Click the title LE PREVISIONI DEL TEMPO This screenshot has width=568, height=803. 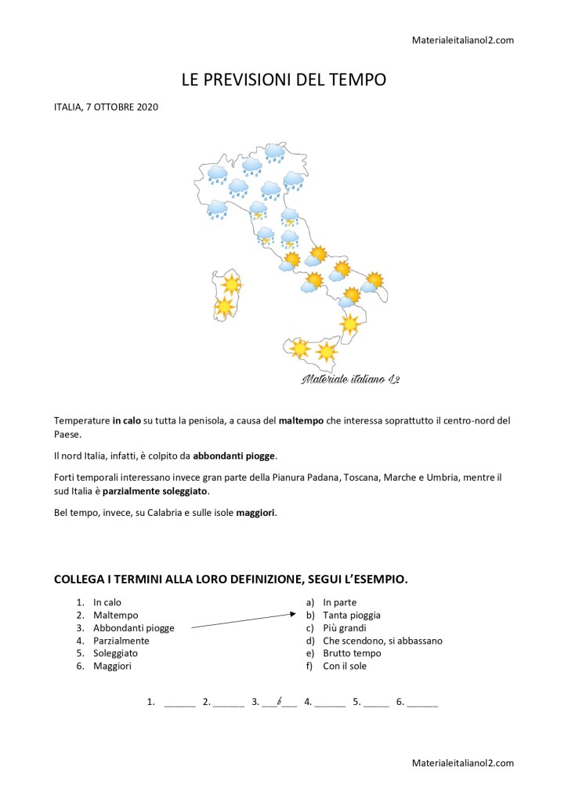(284, 80)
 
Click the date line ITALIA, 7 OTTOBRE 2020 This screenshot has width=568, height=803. (106, 107)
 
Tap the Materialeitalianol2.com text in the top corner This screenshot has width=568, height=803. (462, 40)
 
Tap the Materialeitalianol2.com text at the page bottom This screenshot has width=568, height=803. (462, 763)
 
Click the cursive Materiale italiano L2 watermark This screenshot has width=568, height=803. (350, 380)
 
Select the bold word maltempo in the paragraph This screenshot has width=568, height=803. (302, 421)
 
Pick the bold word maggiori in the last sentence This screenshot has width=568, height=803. (256, 513)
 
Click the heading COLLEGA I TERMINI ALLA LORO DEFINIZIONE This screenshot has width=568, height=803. (230, 580)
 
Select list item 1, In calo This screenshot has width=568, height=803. (107, 602)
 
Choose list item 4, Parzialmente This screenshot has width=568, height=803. (121, 641)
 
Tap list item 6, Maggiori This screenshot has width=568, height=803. (112, 666)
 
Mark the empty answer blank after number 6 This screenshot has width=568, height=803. (423, 703)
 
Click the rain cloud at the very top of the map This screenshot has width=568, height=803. (274, 151)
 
